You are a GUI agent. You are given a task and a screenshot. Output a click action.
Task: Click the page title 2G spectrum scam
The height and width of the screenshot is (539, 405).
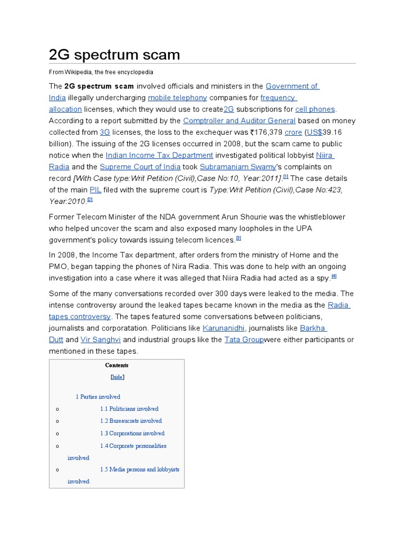[114, 55]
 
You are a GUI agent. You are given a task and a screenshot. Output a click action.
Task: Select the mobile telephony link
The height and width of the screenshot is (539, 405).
[177, 97]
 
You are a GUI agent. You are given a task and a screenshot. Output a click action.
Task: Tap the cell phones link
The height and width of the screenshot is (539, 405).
[315, 109]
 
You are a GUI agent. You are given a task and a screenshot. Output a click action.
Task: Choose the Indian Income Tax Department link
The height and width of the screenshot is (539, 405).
[159, 155]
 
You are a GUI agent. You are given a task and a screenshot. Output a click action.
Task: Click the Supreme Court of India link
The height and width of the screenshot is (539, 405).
[134, 167]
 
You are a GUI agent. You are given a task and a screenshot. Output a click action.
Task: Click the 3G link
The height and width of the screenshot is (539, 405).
[104, 132]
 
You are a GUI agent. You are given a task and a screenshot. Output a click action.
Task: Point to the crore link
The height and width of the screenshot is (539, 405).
[293, 132]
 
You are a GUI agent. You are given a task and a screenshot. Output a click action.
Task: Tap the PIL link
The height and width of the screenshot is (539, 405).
[95, 189]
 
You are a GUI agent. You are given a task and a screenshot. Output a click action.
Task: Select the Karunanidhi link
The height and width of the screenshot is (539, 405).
[222, 328]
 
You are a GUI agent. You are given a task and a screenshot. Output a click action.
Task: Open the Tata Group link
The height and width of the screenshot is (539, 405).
[244, 340]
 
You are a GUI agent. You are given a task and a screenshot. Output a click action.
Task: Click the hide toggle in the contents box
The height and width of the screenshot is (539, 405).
[117, 377]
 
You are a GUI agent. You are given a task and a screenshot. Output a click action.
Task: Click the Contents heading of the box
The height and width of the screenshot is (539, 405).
[117, 365]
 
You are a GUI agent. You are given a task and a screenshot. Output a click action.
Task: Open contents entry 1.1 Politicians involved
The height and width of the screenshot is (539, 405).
[129, 408]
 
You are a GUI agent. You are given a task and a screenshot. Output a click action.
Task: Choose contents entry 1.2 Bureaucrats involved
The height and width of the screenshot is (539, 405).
[131, 421]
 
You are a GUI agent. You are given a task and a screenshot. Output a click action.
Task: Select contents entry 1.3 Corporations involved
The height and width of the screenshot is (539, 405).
[132, 433]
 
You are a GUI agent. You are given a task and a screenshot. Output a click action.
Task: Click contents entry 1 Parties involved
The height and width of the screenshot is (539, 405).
[98, 396]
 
